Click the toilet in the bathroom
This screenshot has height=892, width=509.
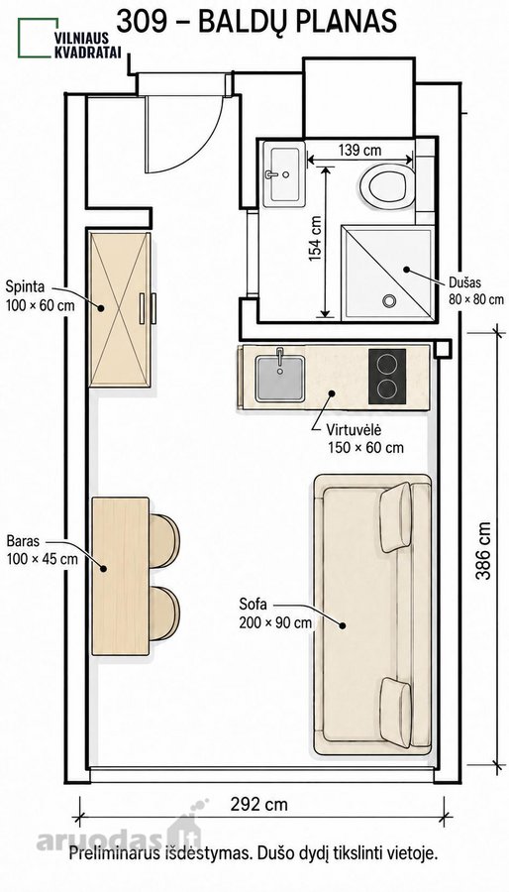tap(387, 186)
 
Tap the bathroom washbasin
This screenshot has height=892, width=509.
tap(284, 176)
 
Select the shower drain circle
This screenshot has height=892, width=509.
tap(389, 300)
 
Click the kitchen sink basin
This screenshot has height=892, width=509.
tap(279, 379)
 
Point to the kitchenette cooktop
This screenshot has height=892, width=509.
tap(387, 377)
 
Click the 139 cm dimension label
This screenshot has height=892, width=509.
tap(360, 151)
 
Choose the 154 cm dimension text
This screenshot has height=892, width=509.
tap(316, 238)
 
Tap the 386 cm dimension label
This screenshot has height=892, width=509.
tap(483, 551)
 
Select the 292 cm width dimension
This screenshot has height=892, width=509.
tap(259, 805)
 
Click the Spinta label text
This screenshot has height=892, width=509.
tap(25, 285)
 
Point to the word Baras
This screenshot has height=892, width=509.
tap(23, 539)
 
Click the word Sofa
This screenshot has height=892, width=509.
tap(253, 605)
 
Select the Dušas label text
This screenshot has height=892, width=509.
tap(464, 281)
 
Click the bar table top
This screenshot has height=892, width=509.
tap(121, 576)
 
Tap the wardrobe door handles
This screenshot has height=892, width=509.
tap(148, 309)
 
